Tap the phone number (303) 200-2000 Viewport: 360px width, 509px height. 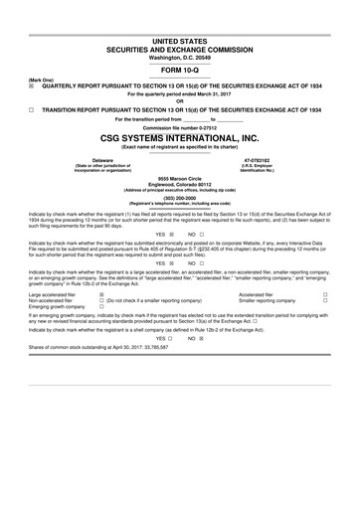tap(179, 198)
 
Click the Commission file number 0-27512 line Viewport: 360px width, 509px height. tap(179, 127)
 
